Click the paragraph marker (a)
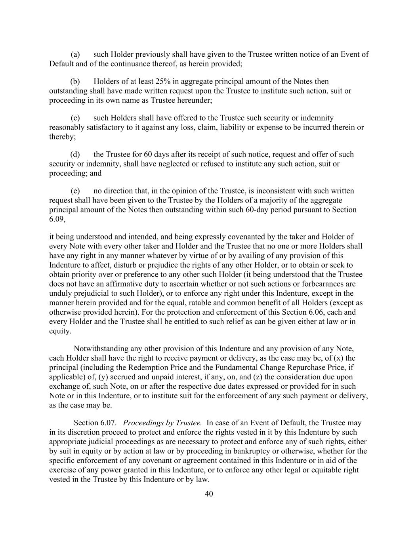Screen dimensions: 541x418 tap(75, 54)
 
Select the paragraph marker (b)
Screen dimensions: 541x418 tap(75, 82)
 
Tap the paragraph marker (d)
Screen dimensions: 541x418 tap(75, 155)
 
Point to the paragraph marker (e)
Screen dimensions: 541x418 tap(75, 191)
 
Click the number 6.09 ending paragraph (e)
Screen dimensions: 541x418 tap(56, 219)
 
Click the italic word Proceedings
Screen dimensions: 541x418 tap(146, 423)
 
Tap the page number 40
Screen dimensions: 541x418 tap(209, 494)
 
